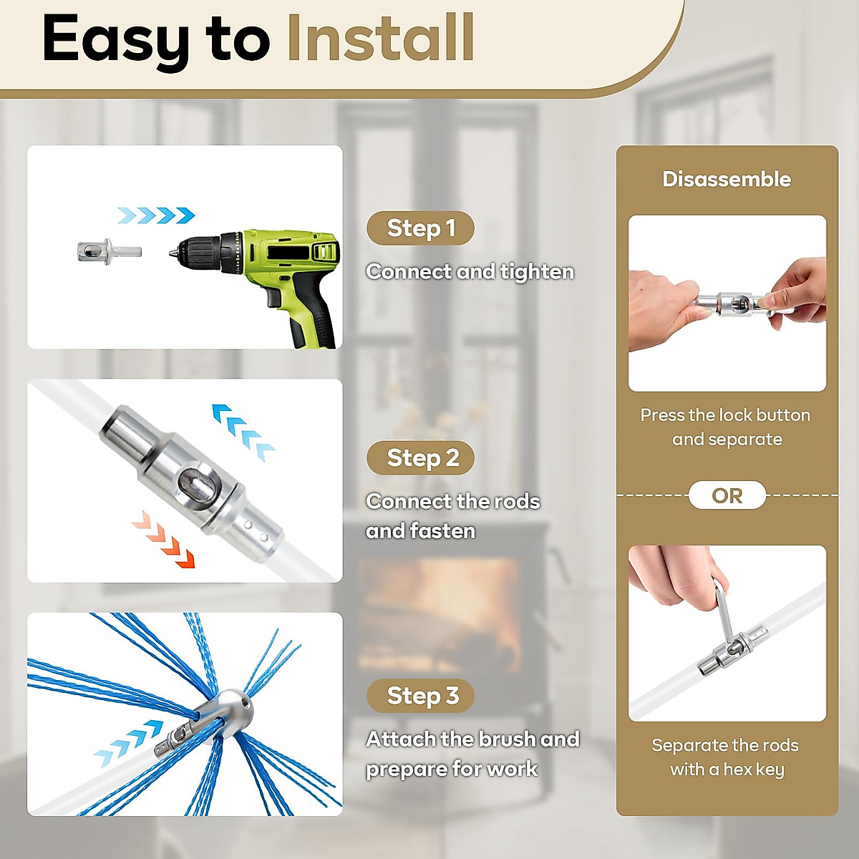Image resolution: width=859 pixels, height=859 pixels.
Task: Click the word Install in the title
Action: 380,38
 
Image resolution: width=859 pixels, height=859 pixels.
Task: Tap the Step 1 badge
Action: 420,228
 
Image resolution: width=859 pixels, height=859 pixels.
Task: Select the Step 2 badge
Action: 422,457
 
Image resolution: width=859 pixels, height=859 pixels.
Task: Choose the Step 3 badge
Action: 422,695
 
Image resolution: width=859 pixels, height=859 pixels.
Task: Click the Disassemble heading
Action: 727,179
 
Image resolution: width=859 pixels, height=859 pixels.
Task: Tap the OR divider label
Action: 727,495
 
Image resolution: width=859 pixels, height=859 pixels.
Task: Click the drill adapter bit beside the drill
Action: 107,252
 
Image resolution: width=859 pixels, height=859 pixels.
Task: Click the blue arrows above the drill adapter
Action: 156,215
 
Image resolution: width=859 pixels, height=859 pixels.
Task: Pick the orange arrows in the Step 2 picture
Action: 164,539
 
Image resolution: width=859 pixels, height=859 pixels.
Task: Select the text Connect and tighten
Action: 470,272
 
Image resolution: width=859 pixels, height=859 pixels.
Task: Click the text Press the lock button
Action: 725,415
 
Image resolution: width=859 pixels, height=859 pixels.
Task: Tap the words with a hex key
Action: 727,770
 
